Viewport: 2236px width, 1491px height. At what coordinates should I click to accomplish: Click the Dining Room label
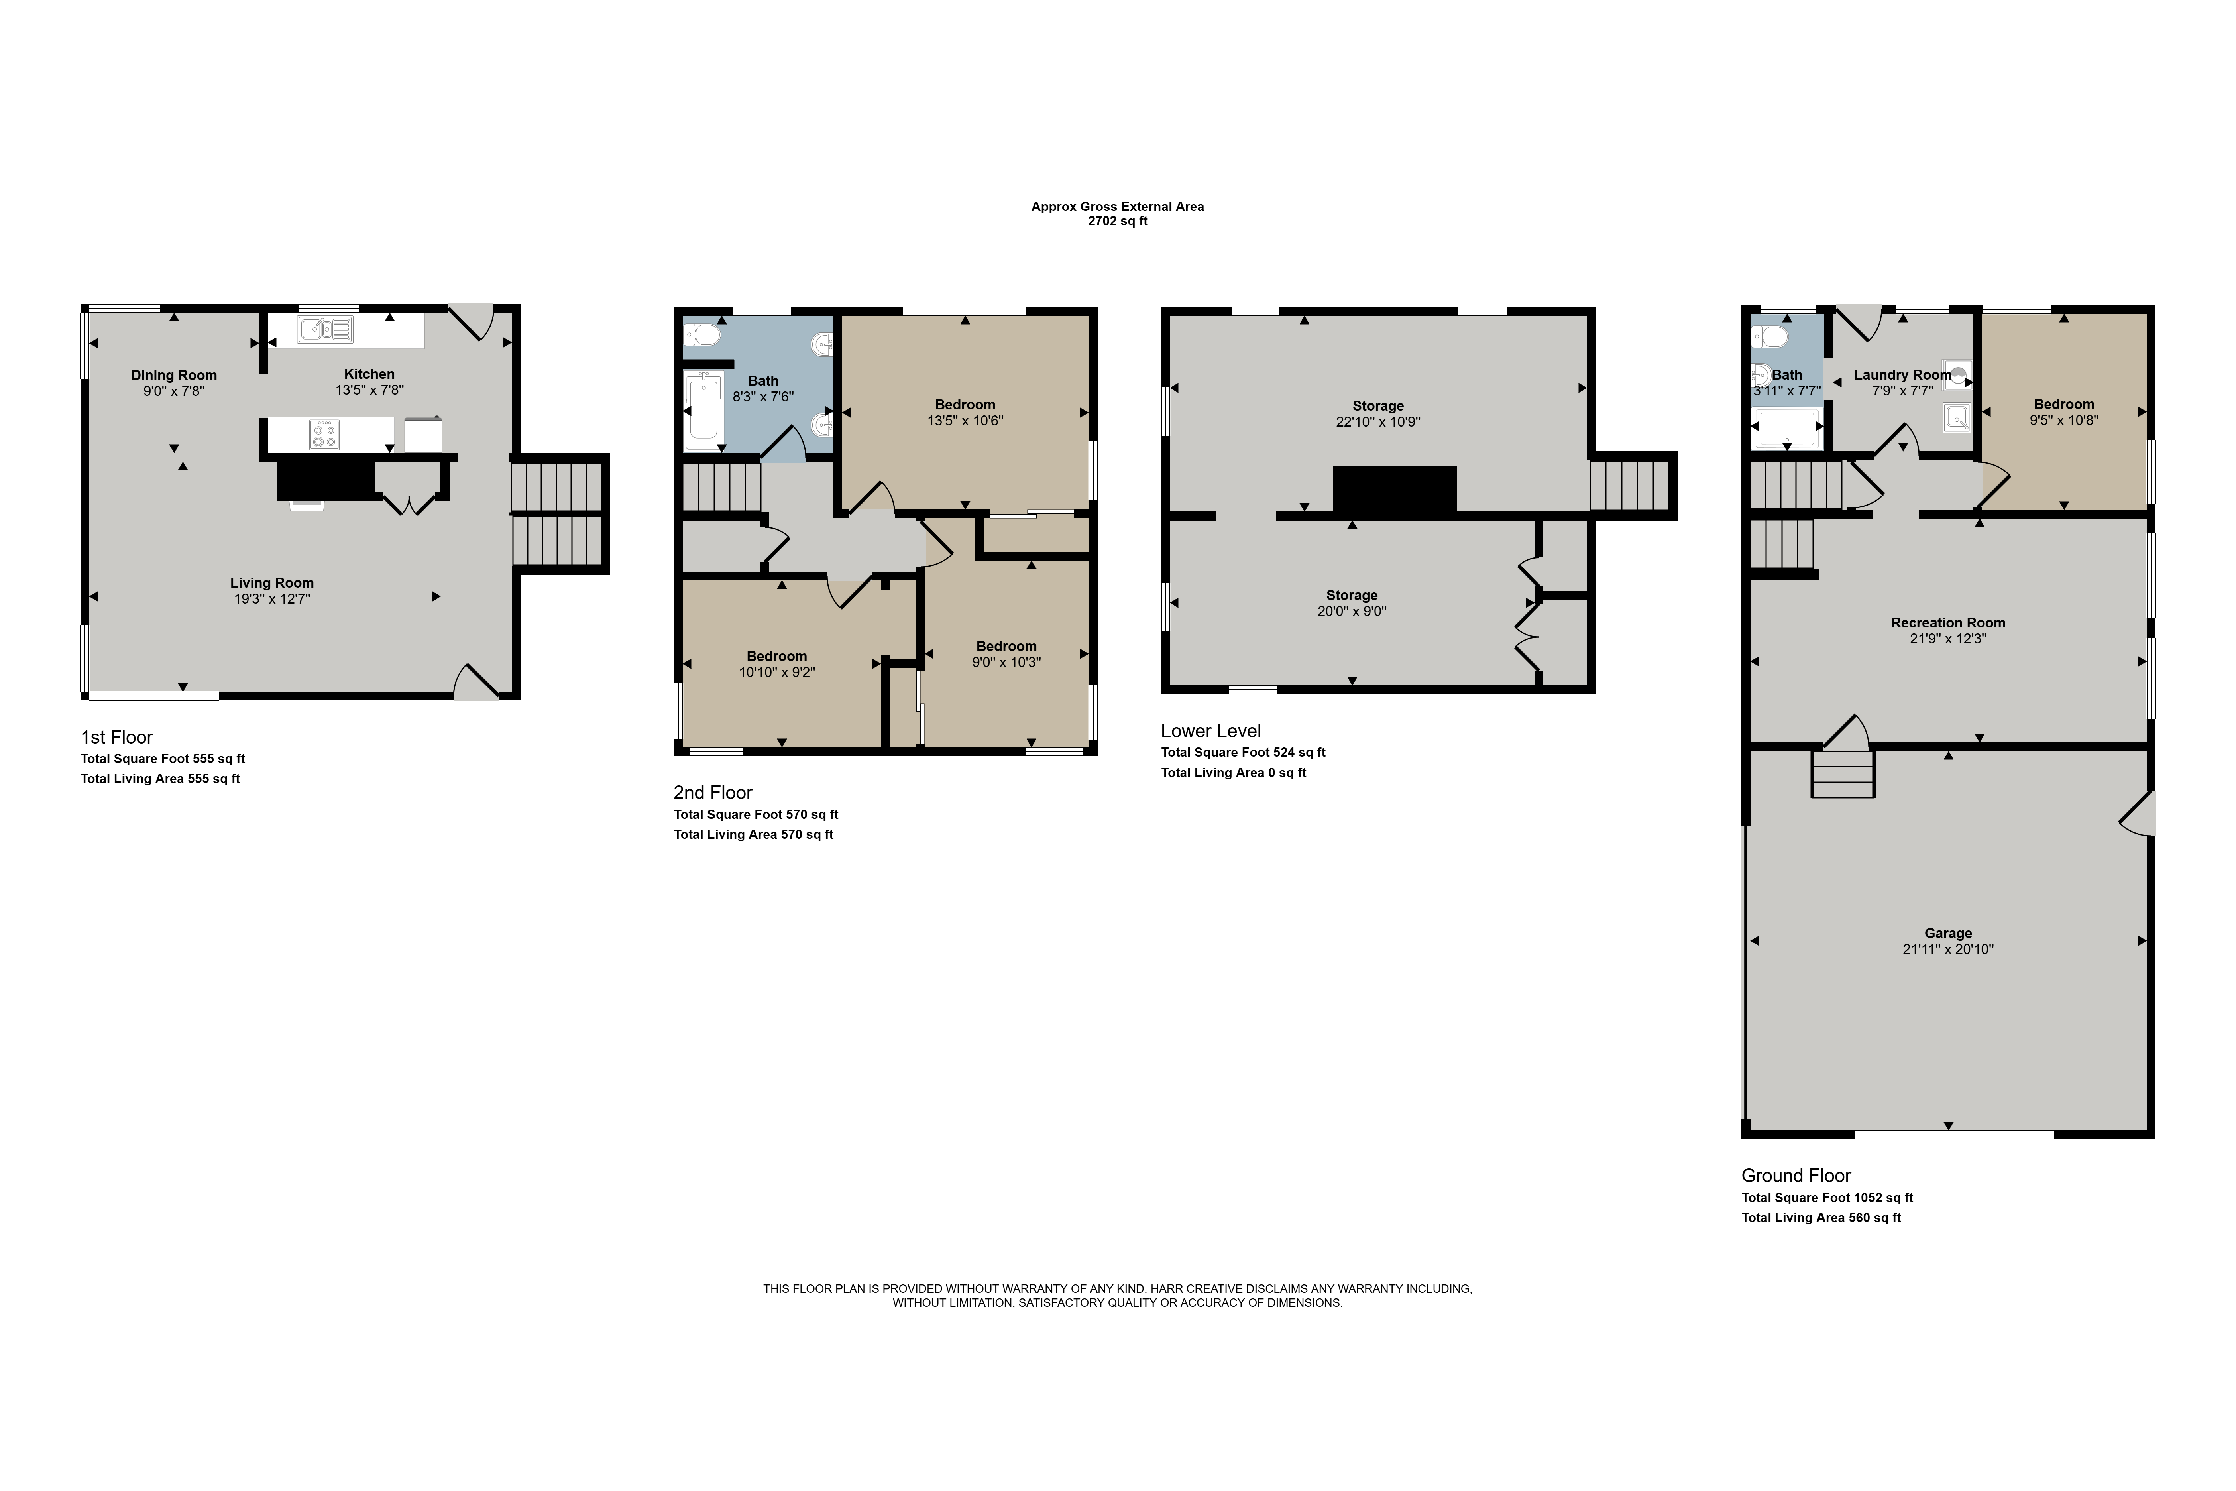[174, 375]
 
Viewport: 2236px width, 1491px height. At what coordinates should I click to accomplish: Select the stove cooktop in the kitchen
[324, 435]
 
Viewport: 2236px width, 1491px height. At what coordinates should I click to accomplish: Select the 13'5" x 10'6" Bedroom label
[965, 404]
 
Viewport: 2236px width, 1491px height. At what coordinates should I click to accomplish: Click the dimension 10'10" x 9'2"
[777, 671]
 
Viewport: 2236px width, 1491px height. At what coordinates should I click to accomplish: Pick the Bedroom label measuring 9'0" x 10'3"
[1006, 646]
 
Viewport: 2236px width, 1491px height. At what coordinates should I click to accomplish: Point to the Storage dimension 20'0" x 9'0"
[1352, 610]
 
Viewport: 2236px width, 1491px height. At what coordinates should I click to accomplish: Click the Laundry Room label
[1902, 375]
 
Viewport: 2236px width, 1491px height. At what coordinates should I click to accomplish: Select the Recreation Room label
[1948, 623]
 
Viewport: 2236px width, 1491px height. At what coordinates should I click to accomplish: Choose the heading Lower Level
[1210, 730]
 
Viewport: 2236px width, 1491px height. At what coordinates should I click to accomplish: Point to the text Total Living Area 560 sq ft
[1821, 1217]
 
